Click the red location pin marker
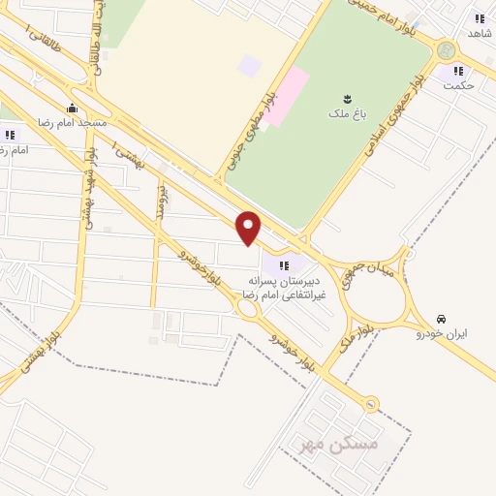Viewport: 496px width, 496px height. point(249,228)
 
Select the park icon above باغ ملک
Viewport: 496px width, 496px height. point(346,98)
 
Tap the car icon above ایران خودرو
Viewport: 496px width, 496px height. point(441,319)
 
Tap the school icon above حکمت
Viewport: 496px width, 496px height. point(457,70)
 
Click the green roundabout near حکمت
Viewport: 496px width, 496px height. point(446,50)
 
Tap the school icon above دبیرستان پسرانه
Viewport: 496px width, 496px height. point(283,264)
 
